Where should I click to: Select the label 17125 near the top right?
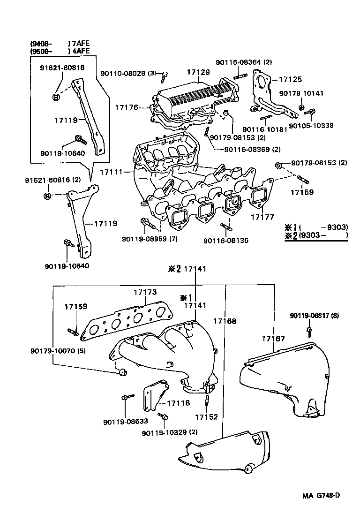pos(291,80)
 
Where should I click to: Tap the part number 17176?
pos(127,107)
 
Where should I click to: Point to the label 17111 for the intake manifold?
pos(112,172)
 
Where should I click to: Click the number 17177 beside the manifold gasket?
pos(261,217)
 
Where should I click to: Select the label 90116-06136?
pos(226,241)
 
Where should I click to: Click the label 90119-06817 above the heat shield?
pos(307,316)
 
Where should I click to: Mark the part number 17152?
pos(207,417)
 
